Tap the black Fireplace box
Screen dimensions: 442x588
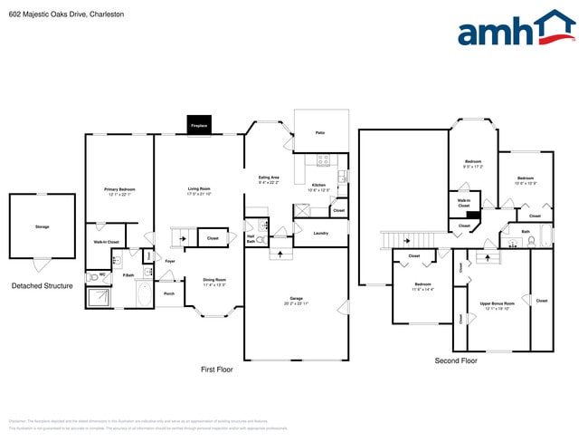tap(198, 125)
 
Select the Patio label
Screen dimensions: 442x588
tap(320, 133)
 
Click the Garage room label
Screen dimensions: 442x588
tap(296, 300)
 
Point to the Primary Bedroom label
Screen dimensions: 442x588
tap(119, 191)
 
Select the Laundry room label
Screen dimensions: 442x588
tap(320, 234)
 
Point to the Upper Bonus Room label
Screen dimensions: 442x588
tap(498, 304)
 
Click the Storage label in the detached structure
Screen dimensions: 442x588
tap(42, 226)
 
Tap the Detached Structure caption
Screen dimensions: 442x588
tap(42, 286)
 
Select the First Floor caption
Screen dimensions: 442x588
tap(216, 370)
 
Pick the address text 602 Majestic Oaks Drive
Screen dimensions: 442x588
tap(47, 14)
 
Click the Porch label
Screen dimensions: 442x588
tap(168, 293)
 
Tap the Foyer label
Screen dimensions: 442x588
tap(169, 261)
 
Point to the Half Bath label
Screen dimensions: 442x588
tap(251, 238)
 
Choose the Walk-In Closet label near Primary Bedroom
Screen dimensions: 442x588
tap(107, 242)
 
